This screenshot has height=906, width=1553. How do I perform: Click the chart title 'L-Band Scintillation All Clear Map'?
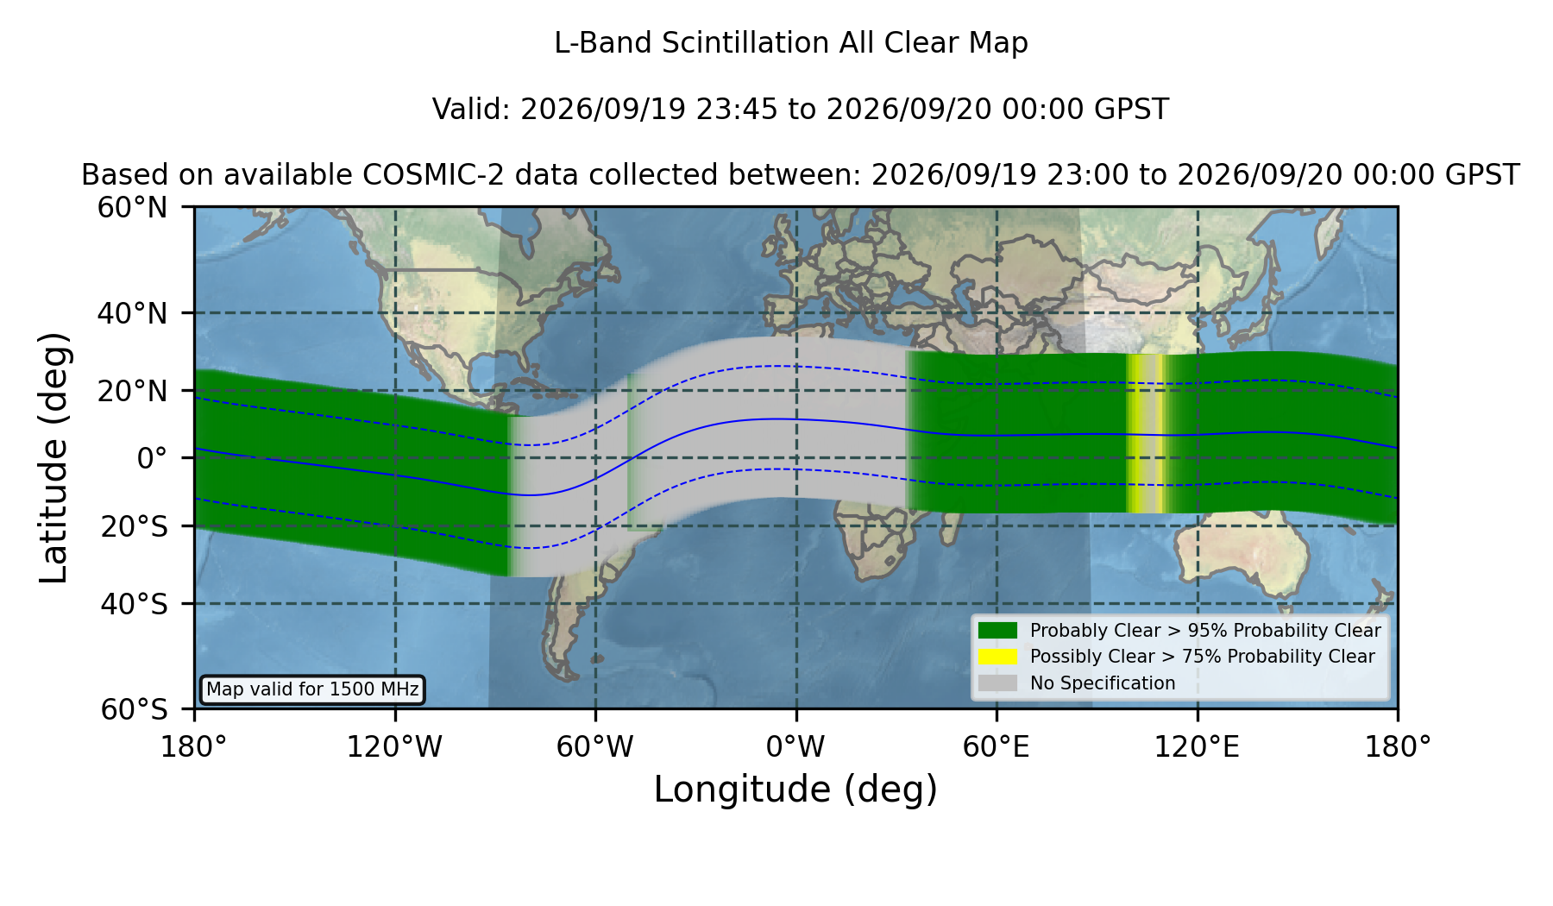(790, 43)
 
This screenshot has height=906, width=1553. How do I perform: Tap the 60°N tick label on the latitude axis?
(133, 208)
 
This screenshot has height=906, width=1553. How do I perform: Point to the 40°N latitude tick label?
(133, 313)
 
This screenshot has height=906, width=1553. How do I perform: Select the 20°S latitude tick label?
(135, 526)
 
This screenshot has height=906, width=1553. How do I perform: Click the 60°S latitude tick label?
(135, 709)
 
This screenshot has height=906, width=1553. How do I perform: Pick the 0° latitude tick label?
(152, 458)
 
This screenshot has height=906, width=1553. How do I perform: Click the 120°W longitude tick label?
(394, 747)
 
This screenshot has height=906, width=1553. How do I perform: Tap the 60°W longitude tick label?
(595, 747)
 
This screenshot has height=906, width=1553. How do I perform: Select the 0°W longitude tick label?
(795, 747)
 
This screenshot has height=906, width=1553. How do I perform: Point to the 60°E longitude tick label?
(997, 747)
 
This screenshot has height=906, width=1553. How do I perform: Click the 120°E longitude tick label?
(1198, 747)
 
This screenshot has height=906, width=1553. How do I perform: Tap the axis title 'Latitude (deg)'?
(53, 457)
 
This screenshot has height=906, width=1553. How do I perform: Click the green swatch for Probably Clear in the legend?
(998, 631)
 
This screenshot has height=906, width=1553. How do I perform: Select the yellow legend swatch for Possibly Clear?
(998, 657)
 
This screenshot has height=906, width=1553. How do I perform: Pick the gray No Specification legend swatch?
(998, 683)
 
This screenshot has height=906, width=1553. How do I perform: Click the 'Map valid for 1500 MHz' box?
(312, 689)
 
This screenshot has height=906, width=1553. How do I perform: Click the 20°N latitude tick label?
(133, 391)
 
